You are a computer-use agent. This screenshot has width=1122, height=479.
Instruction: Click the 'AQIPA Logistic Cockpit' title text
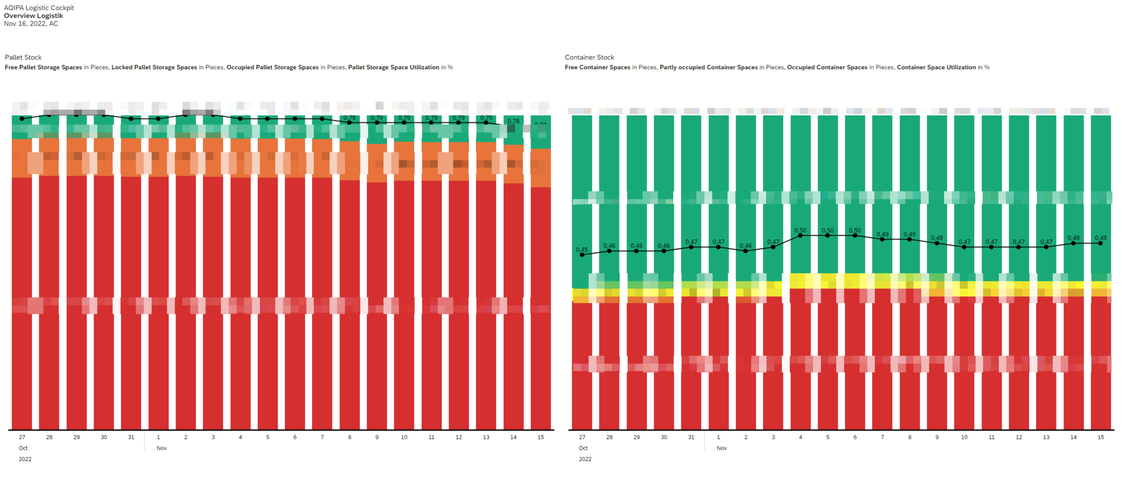point(39,8)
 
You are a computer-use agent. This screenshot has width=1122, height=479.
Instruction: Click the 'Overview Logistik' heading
point(33,16)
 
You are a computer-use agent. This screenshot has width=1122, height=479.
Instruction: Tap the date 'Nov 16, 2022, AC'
point(31,24)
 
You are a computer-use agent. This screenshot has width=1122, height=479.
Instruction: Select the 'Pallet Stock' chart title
point(23,57)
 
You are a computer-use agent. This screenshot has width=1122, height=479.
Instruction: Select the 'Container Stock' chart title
point(589,57)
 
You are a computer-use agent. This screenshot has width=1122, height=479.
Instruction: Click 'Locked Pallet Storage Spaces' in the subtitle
point(154,67)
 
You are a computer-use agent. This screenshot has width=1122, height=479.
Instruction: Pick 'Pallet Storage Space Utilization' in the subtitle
point(393,67)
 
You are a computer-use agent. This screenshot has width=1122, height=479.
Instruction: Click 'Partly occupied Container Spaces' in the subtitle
point(708,67)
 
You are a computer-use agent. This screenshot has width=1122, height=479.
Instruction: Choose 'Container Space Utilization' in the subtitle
point(936,67)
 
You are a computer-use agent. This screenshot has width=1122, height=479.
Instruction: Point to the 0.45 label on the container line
point(581,250)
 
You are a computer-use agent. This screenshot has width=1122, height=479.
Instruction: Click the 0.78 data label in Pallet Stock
point(513,121)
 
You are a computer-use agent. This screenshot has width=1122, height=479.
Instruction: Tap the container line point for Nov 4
point(801,236)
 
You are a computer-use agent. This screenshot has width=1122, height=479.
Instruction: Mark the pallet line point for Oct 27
point(22,119)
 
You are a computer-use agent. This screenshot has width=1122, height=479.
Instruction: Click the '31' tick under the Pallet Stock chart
point(131,437)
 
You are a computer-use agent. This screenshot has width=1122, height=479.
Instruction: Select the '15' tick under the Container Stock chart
point(1100,437)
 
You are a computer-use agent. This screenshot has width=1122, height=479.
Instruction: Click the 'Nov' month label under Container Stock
point(722,448)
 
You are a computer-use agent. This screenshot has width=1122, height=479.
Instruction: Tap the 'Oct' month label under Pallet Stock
point(23,448)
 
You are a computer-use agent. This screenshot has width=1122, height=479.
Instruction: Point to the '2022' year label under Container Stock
point(585,459)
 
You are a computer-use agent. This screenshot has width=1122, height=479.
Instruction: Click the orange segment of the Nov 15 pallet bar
point(541,168)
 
